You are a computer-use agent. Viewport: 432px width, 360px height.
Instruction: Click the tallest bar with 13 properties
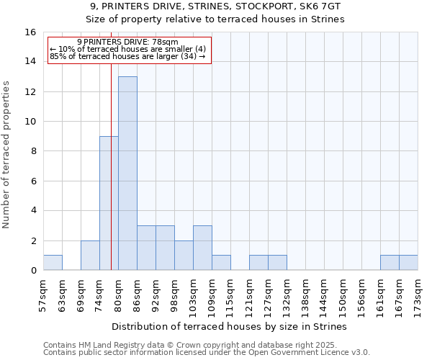coord(127,173)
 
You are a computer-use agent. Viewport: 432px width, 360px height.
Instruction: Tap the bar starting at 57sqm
coord(53,263)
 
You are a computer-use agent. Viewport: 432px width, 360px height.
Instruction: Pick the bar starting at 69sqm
coord(90,256)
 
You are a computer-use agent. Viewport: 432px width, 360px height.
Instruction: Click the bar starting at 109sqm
coord(221,263)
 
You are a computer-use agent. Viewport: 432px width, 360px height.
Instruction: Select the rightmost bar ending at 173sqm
coord(408,263)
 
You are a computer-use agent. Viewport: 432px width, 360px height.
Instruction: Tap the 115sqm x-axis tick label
coord(231,295)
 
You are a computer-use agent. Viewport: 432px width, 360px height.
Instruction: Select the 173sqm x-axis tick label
coord(418,295)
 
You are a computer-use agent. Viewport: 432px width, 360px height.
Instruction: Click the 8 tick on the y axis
coord(33,151)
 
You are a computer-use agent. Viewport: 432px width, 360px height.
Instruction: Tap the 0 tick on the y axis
coord(33,271)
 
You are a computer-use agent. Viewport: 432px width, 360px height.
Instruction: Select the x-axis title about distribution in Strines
coord(230,326)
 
